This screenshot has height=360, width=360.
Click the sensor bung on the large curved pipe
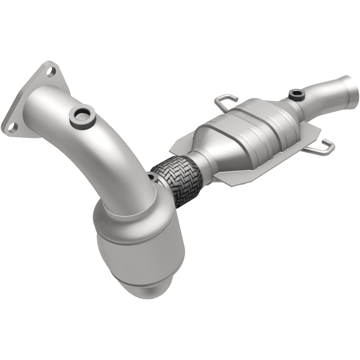(x=82, y=115)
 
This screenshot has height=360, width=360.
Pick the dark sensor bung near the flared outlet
(x=297, y=94)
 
